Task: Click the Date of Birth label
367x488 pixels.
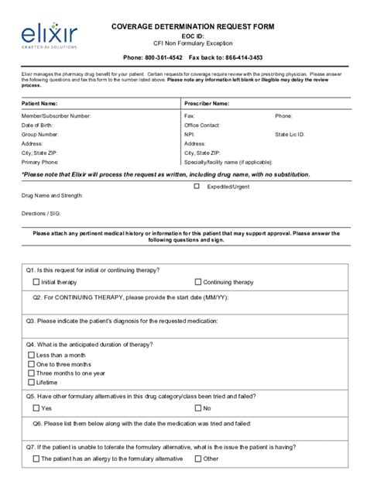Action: (37, 125)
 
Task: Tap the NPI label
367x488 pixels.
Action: (190, 134)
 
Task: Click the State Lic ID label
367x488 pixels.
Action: (290, 134)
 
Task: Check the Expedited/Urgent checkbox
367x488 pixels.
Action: (197, 186)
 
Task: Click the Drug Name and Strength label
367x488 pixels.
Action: (52, 196)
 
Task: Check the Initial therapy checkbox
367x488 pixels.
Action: (36, 283)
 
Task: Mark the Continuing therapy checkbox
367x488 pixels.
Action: (197, 283)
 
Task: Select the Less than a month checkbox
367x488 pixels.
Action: (32, 355)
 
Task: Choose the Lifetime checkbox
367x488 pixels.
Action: (32, 382)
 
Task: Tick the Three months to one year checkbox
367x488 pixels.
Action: (32, 373)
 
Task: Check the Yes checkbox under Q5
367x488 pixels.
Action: (36, 407)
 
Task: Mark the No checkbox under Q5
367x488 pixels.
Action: (197, 407)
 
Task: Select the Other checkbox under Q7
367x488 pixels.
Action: (197, 459)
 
